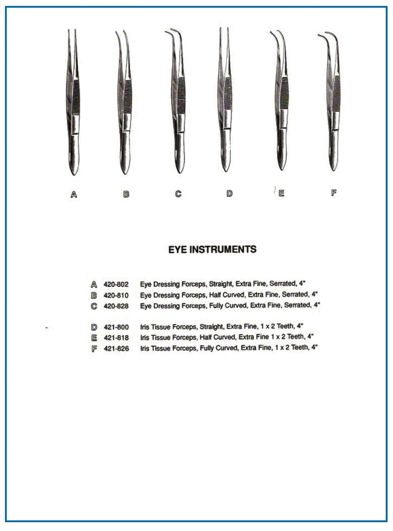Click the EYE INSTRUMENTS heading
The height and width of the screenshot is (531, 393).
[x=212, y=249]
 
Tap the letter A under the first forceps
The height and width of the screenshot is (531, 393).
[x=74, y=194]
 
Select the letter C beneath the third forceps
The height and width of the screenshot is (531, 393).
[x=178, y=194]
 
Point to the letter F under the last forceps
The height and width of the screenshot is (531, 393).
[x=334, y=193]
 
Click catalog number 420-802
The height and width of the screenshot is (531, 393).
[x=116, y=284]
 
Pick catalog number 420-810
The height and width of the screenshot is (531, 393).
[x=116, y=295]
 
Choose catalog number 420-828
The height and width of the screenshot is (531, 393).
[x=116, y=306]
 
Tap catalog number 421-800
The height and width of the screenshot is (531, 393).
[x=116, y=327]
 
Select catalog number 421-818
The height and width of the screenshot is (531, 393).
[x=116, y=338]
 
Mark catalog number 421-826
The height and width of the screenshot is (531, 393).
[x=116, y=348]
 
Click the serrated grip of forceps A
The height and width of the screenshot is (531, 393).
[x=76, y=97]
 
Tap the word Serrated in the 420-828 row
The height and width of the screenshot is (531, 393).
[x=297, y=305]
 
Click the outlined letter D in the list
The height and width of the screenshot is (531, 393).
[x=94, y=327]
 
